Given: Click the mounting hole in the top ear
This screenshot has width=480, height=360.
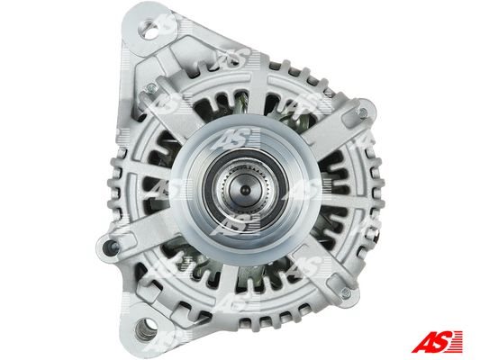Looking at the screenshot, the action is pos(151,31).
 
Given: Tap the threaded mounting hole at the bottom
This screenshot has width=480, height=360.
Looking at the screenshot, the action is pos(146,329).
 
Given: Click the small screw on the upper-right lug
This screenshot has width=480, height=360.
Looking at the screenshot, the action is pos(362,112).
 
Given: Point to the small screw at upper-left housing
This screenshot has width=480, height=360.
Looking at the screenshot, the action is pos(151,88).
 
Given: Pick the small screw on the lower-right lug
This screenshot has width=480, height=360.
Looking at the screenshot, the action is pos(346,294).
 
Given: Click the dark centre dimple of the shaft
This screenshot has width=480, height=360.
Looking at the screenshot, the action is pos(245,191).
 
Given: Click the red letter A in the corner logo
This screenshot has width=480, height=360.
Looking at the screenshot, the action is pos(421,342).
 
